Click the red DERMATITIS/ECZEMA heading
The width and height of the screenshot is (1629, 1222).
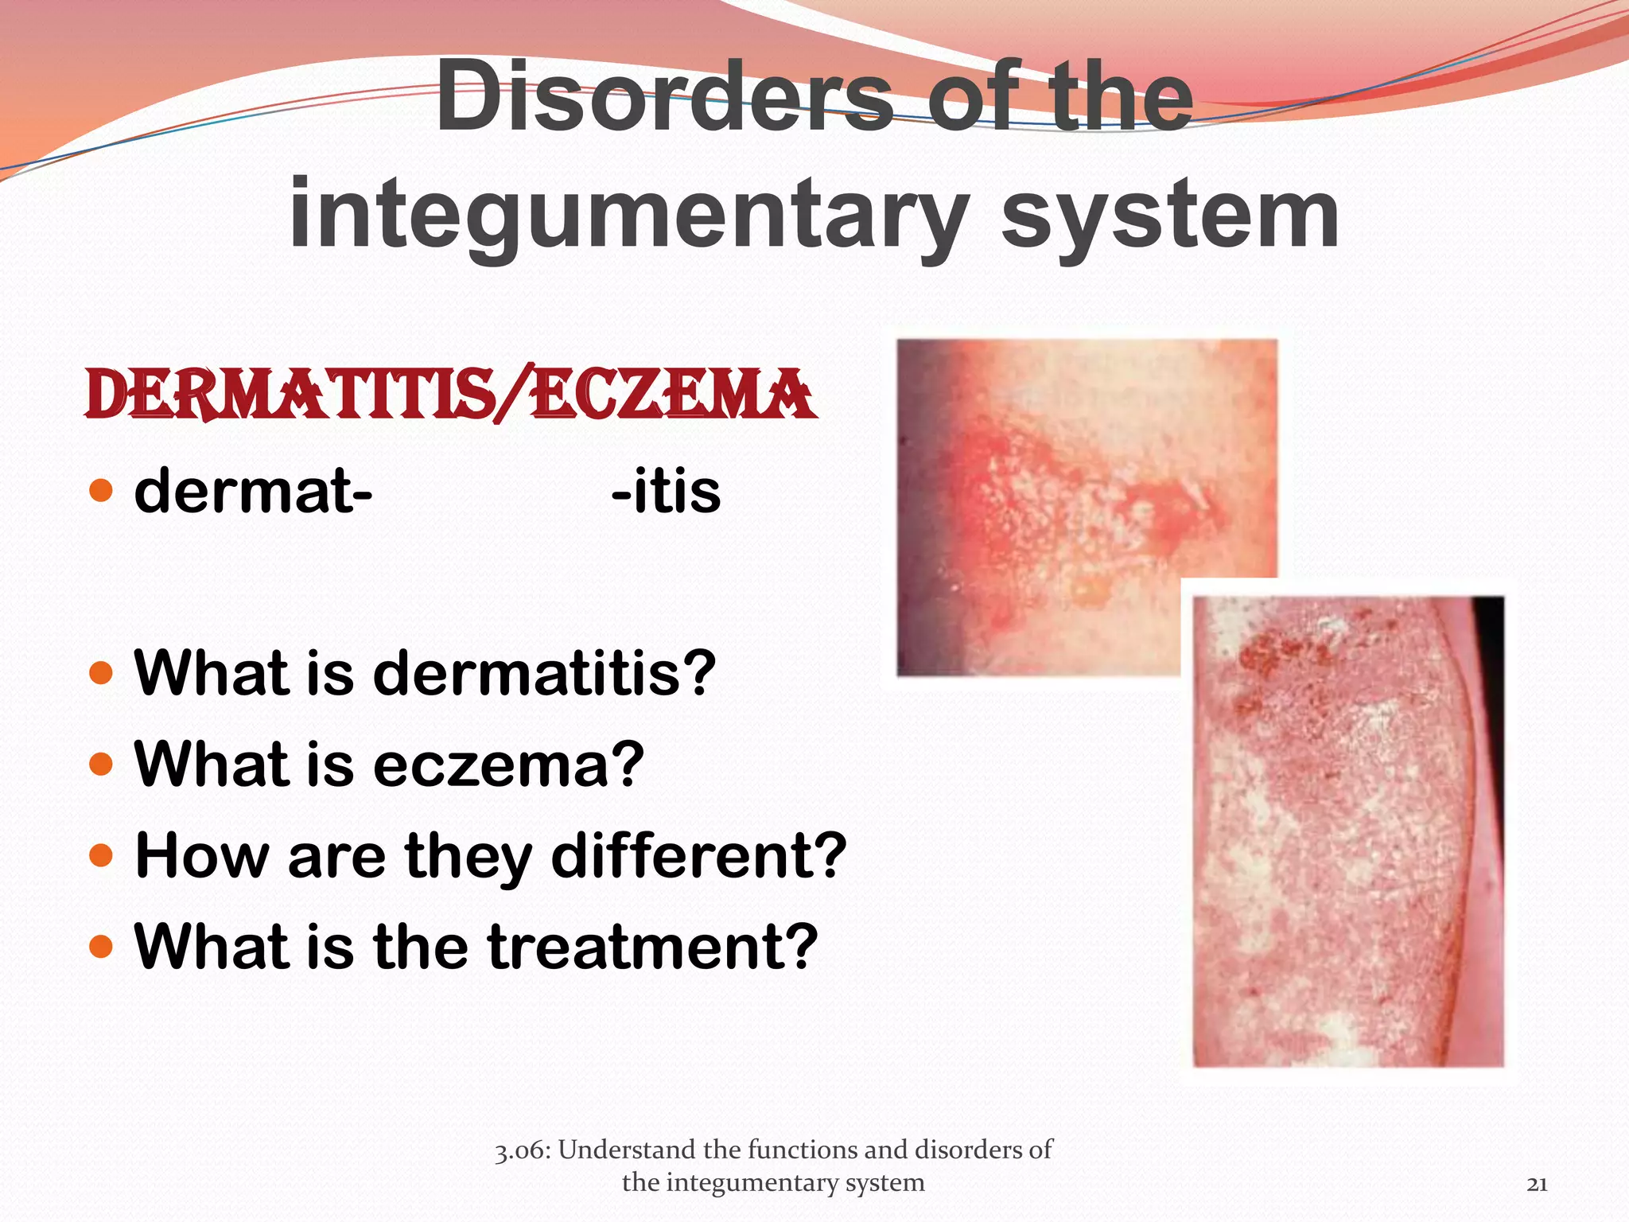click(x=450, y=395)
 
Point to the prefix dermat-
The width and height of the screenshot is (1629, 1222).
click(x=253, y=491)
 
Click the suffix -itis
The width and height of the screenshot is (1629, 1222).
click(x=666, y=491)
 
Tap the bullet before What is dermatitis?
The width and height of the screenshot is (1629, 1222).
click(x=102, y=673)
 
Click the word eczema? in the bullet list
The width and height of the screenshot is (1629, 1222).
click(x=508, y=765)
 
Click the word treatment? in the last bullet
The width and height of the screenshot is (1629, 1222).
click(x=652, y=947)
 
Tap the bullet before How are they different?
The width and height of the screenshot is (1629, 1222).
click(x=102, y=856)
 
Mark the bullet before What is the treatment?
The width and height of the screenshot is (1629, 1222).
click(x=102, y=947)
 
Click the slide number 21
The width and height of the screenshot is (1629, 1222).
click(x=1537, y=1184)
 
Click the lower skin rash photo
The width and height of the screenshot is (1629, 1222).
click(x=1348, y=831)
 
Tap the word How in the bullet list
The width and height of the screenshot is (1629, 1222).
click(x=202, y=856)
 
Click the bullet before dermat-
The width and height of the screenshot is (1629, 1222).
click(x=102, y=491)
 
